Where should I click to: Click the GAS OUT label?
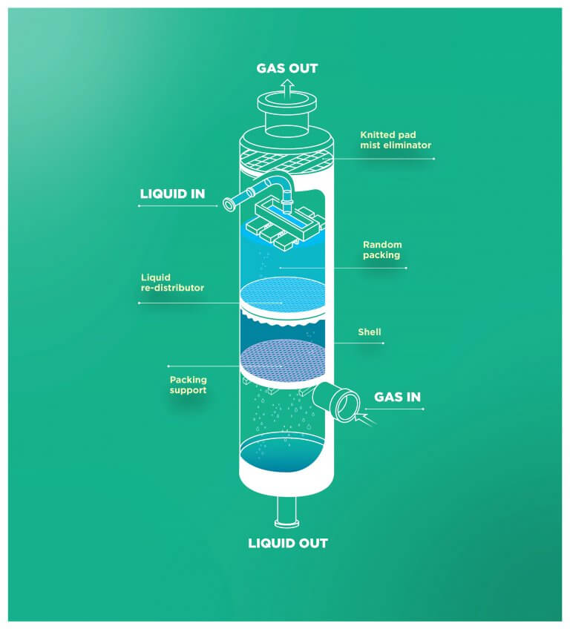(286, 68)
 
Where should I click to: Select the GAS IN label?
(397, 397)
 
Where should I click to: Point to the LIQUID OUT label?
(287, 543)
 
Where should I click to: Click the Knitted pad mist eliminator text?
(395, 140)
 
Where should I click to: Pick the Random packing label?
(381, 249)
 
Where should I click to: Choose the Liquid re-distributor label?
(172, 283)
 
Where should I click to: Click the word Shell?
(369, 332)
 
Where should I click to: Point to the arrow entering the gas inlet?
(366, 419)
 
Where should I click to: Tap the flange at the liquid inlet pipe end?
(225, 202)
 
